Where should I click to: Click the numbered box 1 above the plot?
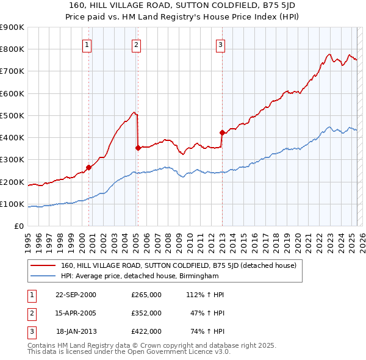[x=87, y=44]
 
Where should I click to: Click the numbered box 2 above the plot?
[x=136, y=44]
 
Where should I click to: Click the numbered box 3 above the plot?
[x=220, y=44]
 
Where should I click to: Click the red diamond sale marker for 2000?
[x=88, y=167]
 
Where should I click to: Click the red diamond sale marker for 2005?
[x=138, y=147]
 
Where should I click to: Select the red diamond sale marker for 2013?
[x=221, y=132]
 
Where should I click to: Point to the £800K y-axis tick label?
[x=12, y=49]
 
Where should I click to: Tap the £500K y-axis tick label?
[x=12, y=115]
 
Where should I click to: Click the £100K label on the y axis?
[x=12, y=204]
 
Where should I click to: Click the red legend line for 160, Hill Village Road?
[x=43, y=265]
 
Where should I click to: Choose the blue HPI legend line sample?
[x=43, y=275]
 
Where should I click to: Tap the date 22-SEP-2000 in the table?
[x=76, y=295]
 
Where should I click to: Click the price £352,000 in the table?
[x=146, y=312]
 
